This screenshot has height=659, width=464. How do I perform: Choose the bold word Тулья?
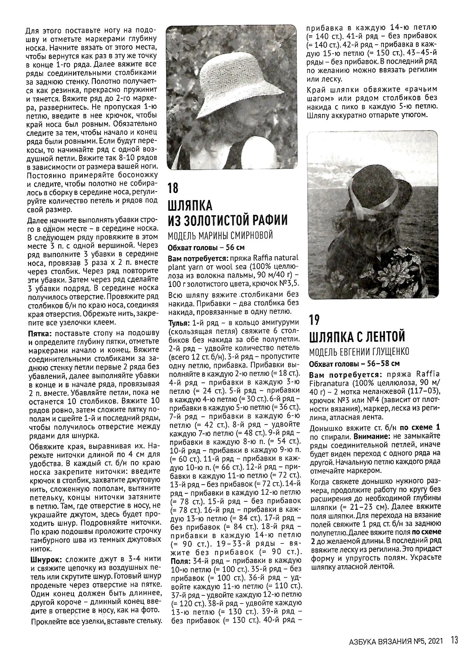pyautogui.click(x=180, y=323)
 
